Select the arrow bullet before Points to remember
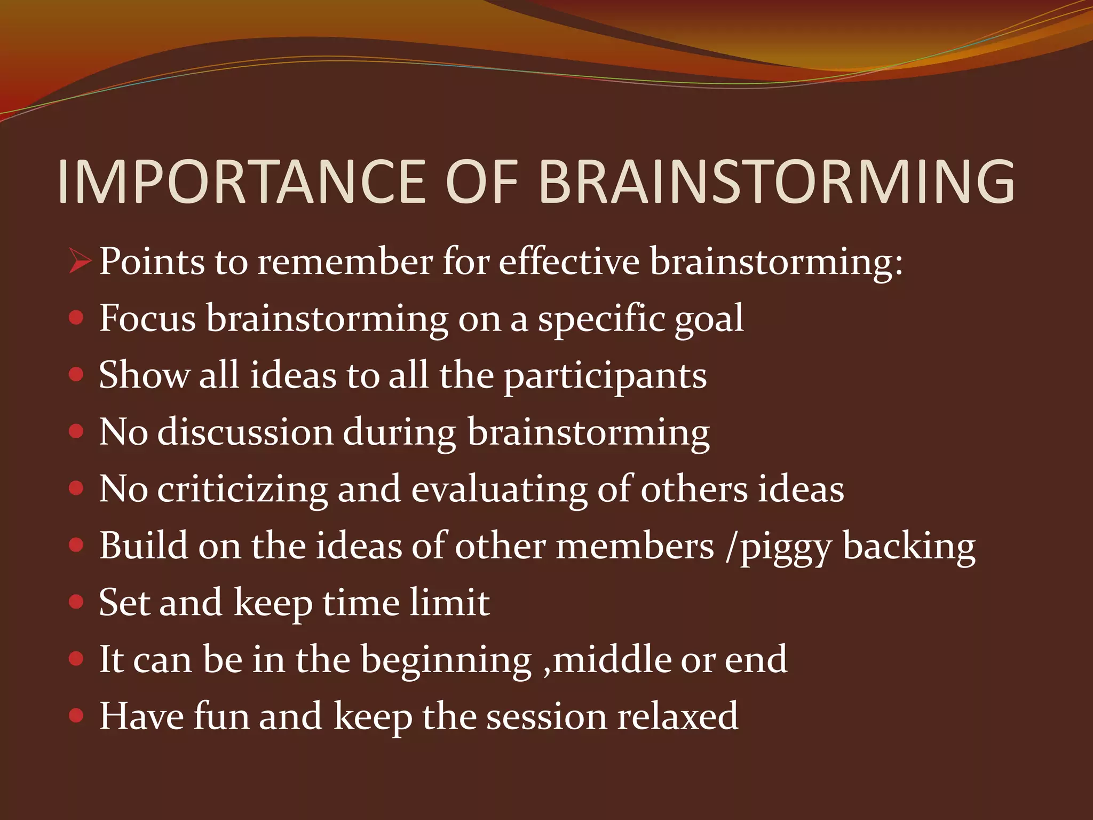click(80, 262)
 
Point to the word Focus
click(148, 318)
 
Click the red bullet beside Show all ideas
click(77, 375)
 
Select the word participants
click(605, 377)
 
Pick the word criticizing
click(242, 490)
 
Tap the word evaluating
click(499, 490)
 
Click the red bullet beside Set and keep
click(77, 602)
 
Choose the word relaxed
click(678, 716)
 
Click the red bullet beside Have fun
click(77, 716)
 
